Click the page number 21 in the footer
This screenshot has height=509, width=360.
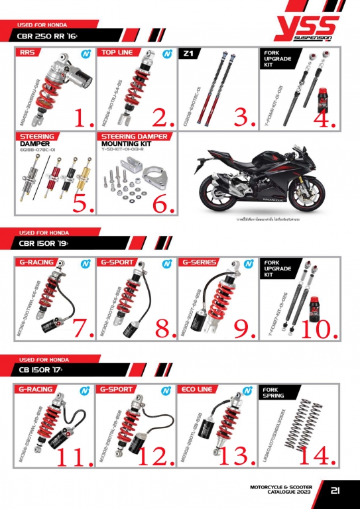(335, 491)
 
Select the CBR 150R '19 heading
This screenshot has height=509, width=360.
(49, 244)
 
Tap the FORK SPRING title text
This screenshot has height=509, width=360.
(274, 392)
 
